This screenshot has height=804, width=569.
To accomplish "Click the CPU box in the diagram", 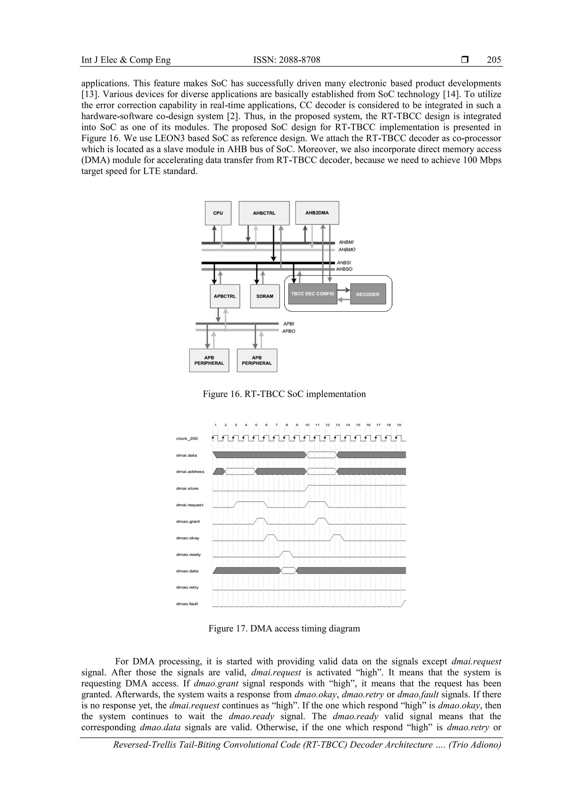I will (218, 213).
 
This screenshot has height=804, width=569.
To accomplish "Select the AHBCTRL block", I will (264, 213).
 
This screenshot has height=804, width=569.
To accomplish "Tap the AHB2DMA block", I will (317, 213).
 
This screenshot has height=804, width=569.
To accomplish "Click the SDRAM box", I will (265, 296).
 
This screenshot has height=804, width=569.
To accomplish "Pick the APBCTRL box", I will (225, 296).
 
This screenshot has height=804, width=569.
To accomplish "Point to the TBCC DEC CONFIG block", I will (312, 294).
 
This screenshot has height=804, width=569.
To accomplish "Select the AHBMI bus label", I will (346, 242).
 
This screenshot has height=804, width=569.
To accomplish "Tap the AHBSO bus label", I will (344, 269).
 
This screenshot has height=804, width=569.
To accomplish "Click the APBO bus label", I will (289, 331).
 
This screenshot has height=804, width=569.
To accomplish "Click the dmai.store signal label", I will (187, 488).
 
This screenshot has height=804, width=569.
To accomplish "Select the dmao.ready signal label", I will (188, 554).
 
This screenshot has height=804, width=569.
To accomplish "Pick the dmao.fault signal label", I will (187, 604).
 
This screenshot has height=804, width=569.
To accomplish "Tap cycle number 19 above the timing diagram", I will (399, 425).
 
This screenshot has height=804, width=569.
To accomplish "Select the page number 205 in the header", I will (494, 60).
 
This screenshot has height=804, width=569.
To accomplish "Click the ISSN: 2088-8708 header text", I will (286, 60).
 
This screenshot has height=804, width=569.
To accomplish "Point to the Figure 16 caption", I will (284, 394).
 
